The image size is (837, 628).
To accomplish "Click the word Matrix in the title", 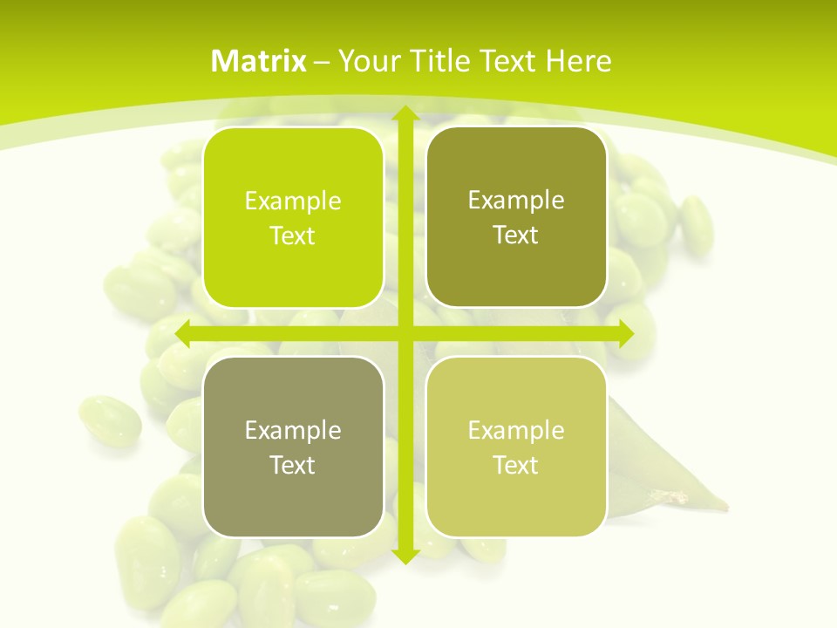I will [259, 61].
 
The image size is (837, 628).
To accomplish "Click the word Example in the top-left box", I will [293, 201].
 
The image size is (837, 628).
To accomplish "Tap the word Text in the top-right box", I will [516, 235].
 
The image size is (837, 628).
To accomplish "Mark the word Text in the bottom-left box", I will [293, 465].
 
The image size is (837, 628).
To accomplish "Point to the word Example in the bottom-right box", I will [516, 430].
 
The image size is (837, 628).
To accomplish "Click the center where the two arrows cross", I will [405, 333].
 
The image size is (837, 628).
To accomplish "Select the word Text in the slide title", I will [507, 61].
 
